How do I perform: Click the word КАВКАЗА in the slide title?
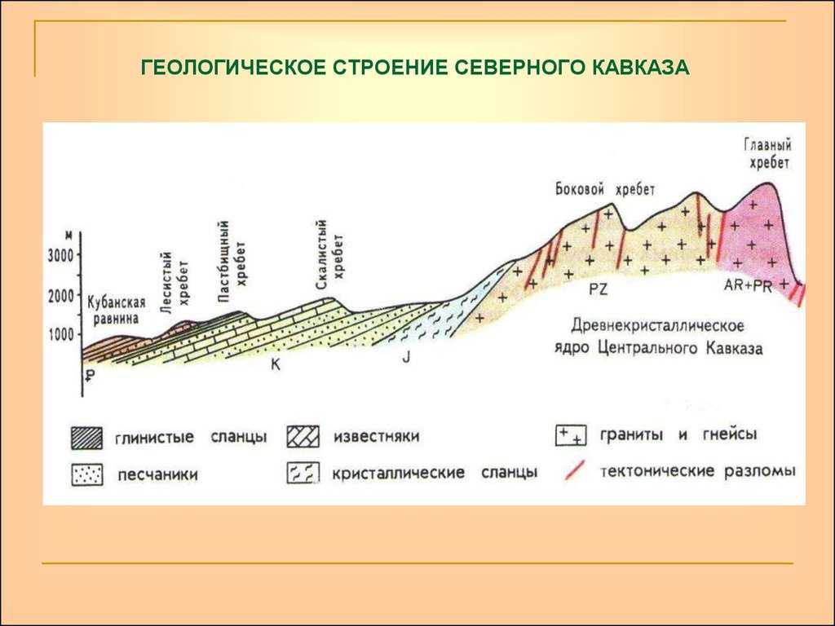pyautogui.click(x=639, y=68)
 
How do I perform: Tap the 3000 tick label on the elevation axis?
pyautogui.click(x=60, y=255)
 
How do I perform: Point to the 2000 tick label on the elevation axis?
pyautogui.click(x=61, y=296)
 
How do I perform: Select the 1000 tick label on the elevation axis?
pyautogui.click(x=61, y=335)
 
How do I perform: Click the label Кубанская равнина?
pyautogui.click(x=116, y=311)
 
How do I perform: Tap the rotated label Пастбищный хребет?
pyautogui.click(x=232, y=261)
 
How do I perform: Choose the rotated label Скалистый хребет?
pyautogui.click(x=329, y=255)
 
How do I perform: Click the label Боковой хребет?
pyautogui.click(x=605, y=189)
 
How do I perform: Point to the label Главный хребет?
pyautogui.click(x=767, y=154)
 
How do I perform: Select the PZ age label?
pyautogui.click(x=598, y=290)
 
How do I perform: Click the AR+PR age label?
pyautogui.click(x=748, y=285)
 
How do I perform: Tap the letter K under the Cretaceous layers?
pyautogui.click(x=276, y=364)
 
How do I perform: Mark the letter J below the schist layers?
pyautogui.click(x=406, y=357)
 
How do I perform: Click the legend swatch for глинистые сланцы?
pyautogui.click(x=86, y=438)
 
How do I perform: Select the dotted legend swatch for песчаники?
pyautogui.click(x=86, y=474)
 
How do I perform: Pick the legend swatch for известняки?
pyautogui.click(x=303, y=437)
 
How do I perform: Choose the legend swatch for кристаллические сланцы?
pyautogui.click(x=303, y=473)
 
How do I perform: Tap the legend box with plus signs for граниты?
pyautogui.click(x=570, y=435)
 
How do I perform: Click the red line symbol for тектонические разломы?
pyautogui.click(x=575, y=470)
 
